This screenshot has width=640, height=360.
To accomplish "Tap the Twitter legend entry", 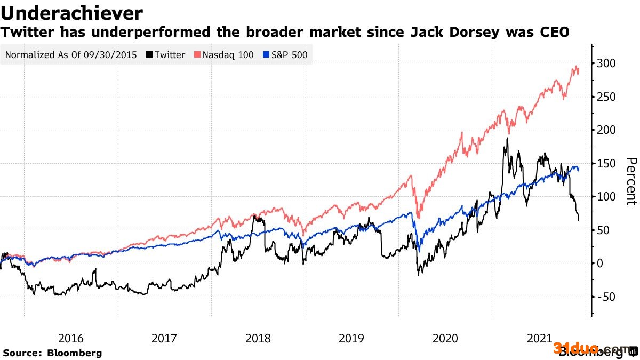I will (170, 54).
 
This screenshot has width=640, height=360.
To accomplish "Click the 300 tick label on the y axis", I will (607, 63).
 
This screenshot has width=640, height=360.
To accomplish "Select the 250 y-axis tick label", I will (607, 97).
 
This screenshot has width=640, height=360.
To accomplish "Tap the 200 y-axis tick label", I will (607, 130).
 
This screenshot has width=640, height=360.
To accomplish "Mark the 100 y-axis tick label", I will (607, 197).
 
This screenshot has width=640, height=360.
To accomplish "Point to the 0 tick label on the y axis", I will (602, 263).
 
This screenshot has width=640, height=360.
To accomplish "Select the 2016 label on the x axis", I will (70, 338).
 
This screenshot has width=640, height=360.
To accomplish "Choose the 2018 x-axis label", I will (258, 338).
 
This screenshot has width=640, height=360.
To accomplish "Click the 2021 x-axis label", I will (539, 338).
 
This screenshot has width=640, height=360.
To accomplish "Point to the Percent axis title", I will (631, 181).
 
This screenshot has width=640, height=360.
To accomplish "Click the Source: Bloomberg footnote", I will (52, 353).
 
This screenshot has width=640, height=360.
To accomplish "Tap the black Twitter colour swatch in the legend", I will (151, 54).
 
